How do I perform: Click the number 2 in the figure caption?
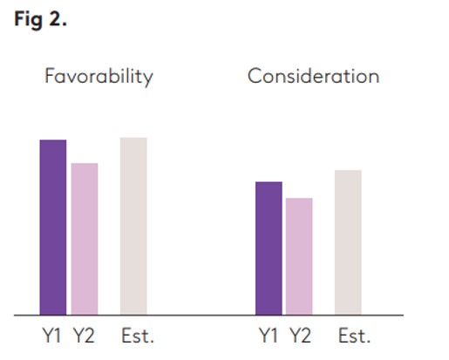tap(58, 20)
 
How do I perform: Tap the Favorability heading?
tap(99, 77)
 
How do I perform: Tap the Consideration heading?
tap(313, 77)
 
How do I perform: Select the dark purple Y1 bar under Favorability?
tap(53, 227)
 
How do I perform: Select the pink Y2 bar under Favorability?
tap(85, 238)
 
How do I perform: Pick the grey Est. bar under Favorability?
tap(133, 226)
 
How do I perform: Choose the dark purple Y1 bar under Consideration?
tap(269, 248)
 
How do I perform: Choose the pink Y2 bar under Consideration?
tap(299, 256)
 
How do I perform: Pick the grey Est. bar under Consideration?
tap(348, 242)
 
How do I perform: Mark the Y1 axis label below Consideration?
tap(269, 336)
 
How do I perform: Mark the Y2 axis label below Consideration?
tap(300, 336)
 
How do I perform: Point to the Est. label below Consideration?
tap(353, 336)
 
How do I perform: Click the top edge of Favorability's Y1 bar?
tap(53, 140)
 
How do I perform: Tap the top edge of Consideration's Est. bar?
tap(348, 171)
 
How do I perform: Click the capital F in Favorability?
tap(50, 77)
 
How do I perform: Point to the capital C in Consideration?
tap(255, 77)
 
